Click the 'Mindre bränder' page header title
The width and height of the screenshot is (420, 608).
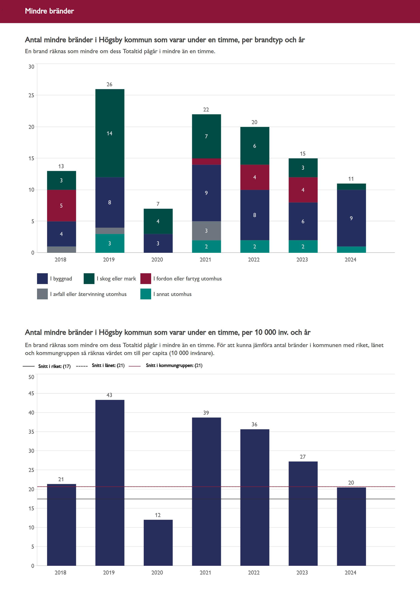[50, 11]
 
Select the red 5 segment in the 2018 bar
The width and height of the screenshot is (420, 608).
[62, 206]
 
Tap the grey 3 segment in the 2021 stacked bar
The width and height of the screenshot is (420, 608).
[207, 231]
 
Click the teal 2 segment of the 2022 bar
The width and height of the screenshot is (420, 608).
[255, 246]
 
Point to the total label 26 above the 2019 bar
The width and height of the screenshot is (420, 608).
[109, 84]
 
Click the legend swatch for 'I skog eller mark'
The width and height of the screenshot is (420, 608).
[89, 279]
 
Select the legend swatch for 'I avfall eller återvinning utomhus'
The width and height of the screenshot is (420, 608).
[42, 294]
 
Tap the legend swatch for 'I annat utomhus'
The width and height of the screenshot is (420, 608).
[146, 294]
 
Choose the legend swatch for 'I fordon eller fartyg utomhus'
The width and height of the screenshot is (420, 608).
[146, 279]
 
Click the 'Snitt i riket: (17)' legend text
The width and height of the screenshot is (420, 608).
[54, 366]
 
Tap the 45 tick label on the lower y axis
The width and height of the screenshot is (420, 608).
[31, 393]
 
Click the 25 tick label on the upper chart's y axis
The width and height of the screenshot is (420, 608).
[31, 95]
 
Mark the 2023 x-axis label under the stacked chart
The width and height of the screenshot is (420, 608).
[302, 260]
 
